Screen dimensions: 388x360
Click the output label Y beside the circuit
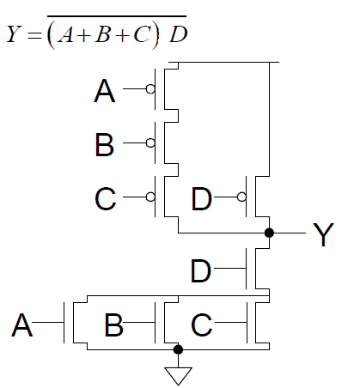click(321, 234)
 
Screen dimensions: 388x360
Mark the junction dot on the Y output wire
click(269, 233)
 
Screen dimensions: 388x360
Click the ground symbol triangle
click(178, 375)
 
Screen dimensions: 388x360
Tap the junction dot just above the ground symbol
click(178, 349)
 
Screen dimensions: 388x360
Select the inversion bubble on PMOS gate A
click(150, 88)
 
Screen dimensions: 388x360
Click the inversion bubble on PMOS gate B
click(150, 142)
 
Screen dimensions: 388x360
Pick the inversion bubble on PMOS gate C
click(150, 197)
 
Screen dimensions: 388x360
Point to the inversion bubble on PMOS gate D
click(241, 197)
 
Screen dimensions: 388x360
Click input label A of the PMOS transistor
click(105, 90)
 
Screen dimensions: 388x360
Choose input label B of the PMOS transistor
click(104, 144)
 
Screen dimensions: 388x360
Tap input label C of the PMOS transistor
click(105, 199)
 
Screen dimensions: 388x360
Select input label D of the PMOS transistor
click(201, 199)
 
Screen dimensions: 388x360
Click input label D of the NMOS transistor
click(200, 270)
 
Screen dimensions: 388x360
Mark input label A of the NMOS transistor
click(22, 325)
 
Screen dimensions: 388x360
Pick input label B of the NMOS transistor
click(113, 325)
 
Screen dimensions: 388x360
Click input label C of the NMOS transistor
click(201, 325)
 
